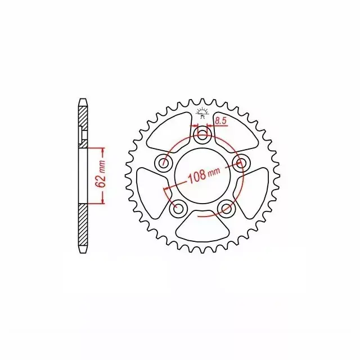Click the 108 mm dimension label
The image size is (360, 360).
[x=204, y=175]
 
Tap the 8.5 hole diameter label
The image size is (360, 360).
[x=221, y=121]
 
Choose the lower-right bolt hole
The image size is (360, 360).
[x=226, y=208]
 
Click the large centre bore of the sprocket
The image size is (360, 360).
[x=202, y=176]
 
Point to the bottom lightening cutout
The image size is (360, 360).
[x=202, y=226]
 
